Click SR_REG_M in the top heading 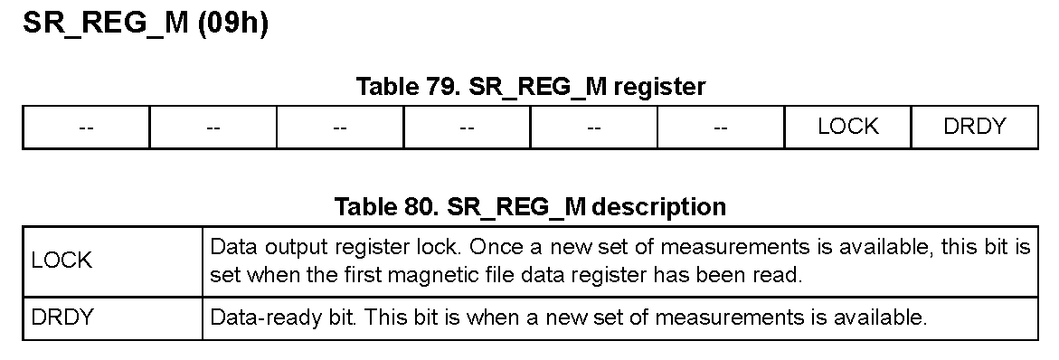[106, 24]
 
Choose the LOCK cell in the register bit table [847, 127]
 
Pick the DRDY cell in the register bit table [975, 127]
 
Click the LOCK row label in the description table [61, 261]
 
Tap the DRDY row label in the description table [61, 317]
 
